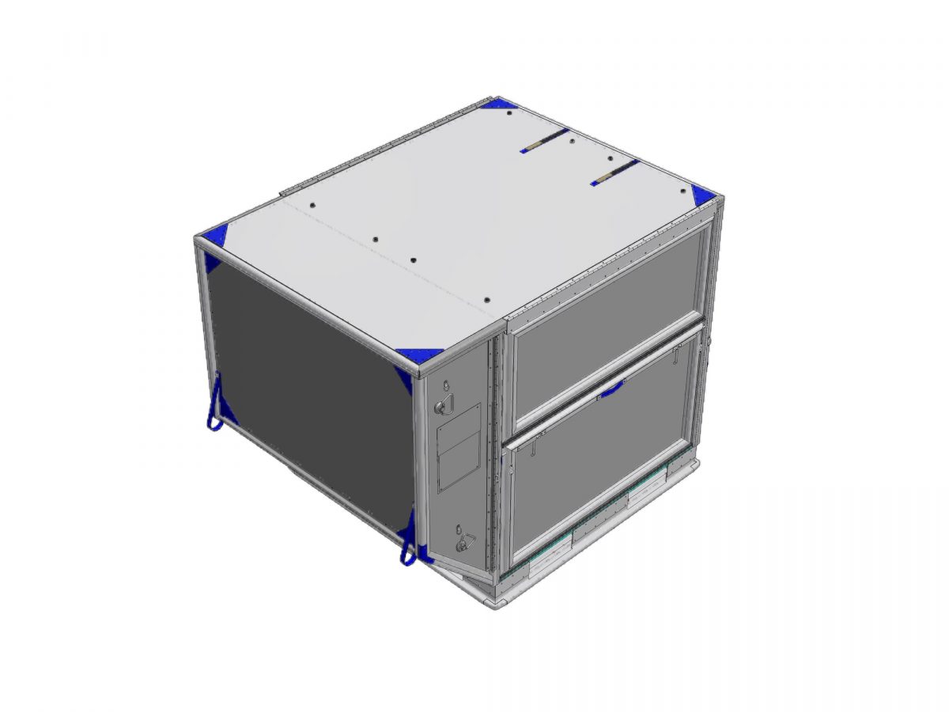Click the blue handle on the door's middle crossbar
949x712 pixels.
[x=611, y=388]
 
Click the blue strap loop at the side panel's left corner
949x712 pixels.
[x=213, y=406]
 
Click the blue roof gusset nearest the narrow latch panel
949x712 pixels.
[x=421, y=355]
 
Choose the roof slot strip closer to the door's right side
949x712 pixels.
[x=614, y=172]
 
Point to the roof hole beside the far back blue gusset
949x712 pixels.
[x=508, y=115]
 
